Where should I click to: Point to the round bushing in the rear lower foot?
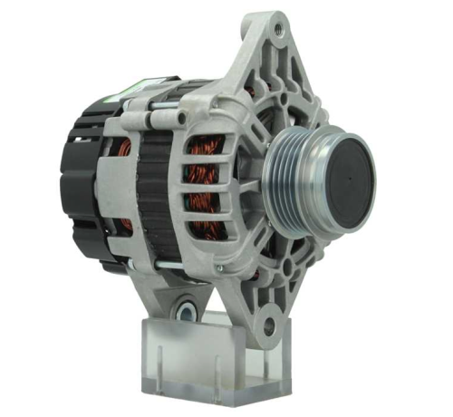pos(188,311)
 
